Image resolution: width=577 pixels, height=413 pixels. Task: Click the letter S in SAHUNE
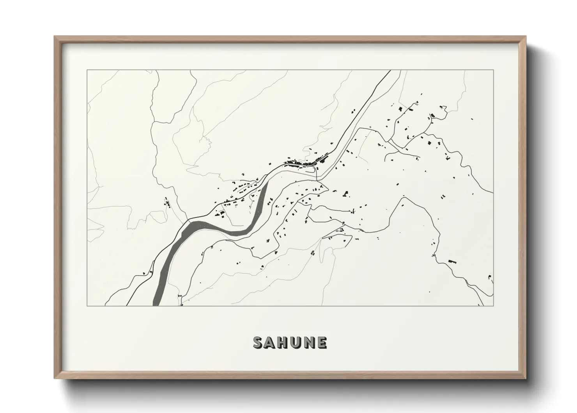click(258, 342)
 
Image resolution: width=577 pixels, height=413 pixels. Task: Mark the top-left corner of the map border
click(87, 70)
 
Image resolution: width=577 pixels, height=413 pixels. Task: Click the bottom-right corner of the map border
click(494, 306)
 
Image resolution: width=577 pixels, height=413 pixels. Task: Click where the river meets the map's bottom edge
click(157, 305)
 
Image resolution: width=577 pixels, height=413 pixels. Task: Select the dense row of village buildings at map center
click(306, 162)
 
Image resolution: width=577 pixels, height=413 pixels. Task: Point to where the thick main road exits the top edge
click(390, 71)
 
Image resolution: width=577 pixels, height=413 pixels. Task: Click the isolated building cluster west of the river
click(167, 203)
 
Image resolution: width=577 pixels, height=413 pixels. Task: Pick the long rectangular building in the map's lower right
click(452, 260)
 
